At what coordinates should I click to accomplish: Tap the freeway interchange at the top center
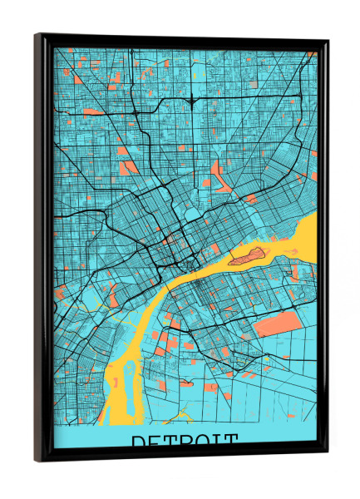pos(192,101)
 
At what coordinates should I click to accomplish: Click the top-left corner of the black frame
pos(37,36)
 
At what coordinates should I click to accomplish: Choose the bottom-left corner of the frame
pos(37,459)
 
